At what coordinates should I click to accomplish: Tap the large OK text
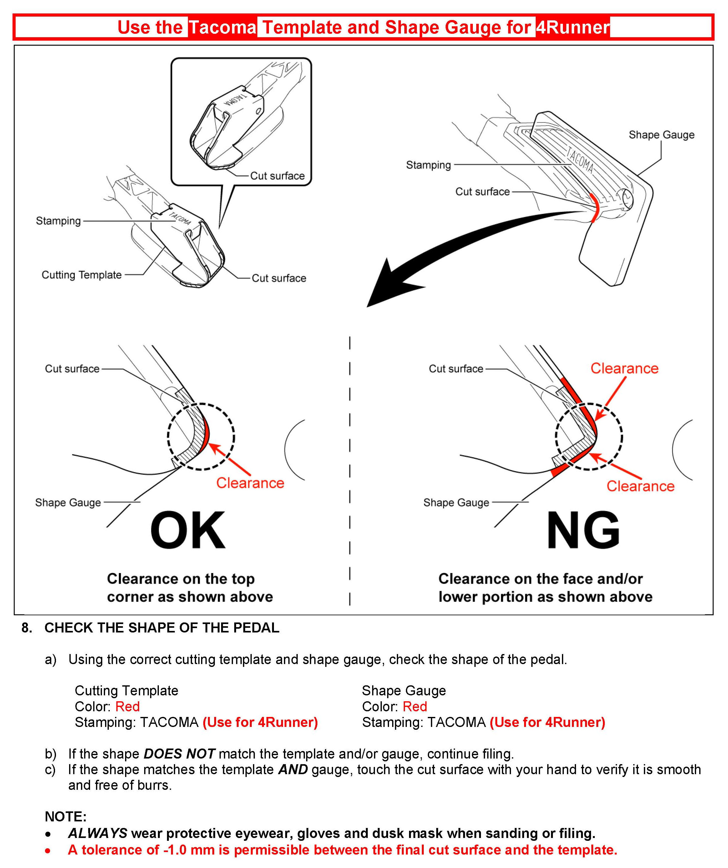[x=188, y=530]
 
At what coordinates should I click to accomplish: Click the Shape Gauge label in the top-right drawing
[x=661, y=135]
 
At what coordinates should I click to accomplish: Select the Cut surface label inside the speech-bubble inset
[x=277, y=176]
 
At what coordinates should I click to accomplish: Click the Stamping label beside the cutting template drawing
[x=58, y=221]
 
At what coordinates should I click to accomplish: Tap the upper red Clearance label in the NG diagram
[x=624, y=368]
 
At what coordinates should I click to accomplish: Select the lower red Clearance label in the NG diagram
[x=640, y=486]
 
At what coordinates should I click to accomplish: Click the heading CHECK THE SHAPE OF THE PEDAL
[x=162, y=627]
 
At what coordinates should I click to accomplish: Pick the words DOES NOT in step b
[x=179, y=754]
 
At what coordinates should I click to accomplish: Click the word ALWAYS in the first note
[x=98, y=833]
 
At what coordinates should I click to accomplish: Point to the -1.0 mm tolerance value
[x=188, y=850]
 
